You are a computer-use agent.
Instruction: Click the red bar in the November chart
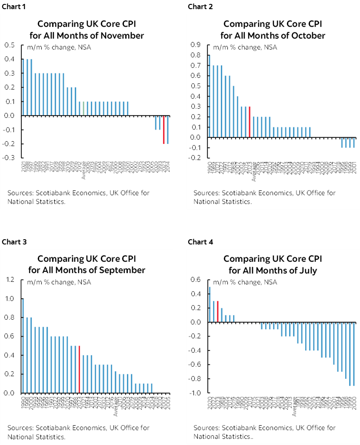164,129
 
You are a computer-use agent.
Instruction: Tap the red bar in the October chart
250,122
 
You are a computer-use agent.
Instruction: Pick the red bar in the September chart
79,369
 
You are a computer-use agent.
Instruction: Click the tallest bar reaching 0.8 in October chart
209,96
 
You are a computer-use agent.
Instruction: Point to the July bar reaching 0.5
209,304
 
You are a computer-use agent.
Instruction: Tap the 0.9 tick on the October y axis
196,45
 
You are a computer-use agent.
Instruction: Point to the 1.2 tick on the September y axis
10,280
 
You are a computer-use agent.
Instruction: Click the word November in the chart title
123,35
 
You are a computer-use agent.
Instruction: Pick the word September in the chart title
122,270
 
